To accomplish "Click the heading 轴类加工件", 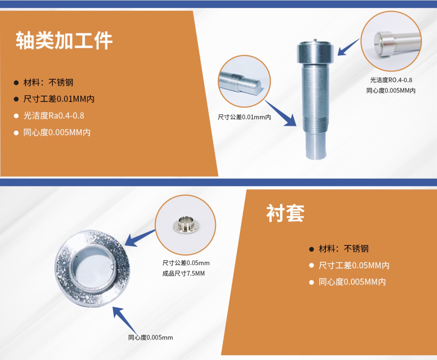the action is [x=64, y=40].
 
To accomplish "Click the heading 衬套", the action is [x=286, y=213].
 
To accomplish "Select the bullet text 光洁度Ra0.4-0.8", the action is [x=54, y=116].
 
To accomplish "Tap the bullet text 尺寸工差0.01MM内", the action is [x=59, y=99].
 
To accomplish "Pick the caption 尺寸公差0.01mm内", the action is [x=244, y=117].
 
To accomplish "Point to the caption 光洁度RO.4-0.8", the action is [x=391, y=80].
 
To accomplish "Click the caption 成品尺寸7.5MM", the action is [x=184, y=273].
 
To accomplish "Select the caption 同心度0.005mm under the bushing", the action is [x=150, y=337].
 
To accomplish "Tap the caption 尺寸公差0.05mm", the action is [x=186, y=263].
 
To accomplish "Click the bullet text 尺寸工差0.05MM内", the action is [x=354, y=265].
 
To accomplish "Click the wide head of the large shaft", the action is [x=315, y=52].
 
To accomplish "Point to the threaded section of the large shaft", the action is [x=316, y=123].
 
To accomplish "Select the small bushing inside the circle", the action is [x=186, y=225].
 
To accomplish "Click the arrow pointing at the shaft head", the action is [x=349, y=47].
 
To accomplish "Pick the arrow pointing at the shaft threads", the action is [x=280, y=113].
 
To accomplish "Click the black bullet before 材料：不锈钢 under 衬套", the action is [x=311, y=249].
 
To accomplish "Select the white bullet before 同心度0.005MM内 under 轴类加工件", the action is [x=16, y=133].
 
